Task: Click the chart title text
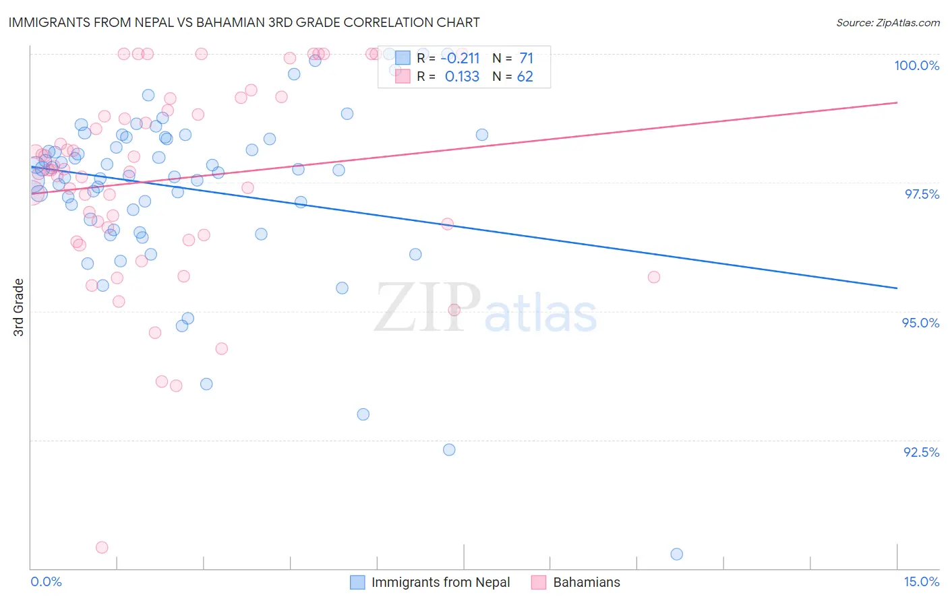244,22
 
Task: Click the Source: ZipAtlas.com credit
887,23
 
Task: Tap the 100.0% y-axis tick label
916,65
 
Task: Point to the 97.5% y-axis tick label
921,194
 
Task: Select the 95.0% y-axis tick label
920,323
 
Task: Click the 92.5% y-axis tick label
921,452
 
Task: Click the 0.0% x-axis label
46,581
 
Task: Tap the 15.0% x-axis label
921,581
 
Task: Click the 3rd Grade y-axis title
19,307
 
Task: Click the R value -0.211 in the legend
460,59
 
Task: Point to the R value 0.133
462,77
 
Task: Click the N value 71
526,59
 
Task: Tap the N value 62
525,77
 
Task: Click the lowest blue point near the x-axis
677,554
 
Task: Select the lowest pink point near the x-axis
102,547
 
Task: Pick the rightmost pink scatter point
653,277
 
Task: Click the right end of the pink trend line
897,102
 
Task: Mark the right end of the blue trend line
897,288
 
